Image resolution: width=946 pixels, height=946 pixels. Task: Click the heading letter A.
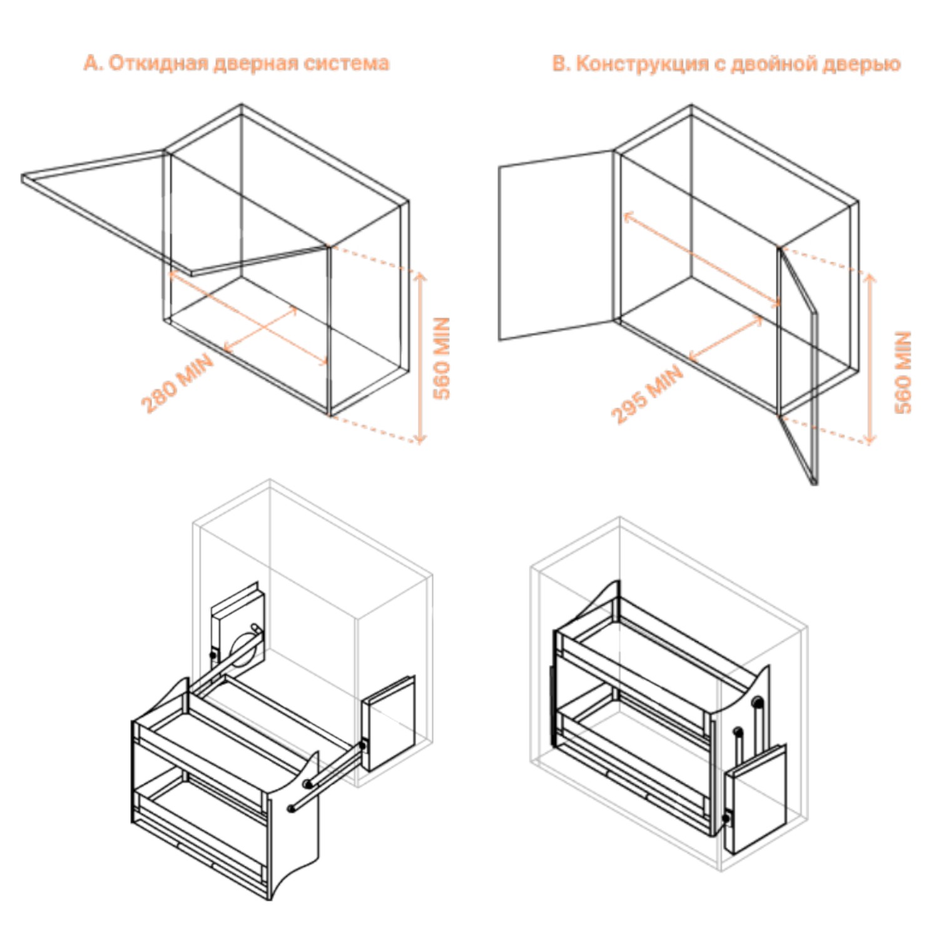pyautogui.click(x=91, y=63)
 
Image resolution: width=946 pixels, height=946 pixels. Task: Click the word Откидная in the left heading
pyautogui.click(x=159, y=63)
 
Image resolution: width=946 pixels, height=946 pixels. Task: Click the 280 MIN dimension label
pyautogui.click(x=177, y=382)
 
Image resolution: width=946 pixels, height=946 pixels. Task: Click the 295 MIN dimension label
pyautogui.click(x=647, y=394)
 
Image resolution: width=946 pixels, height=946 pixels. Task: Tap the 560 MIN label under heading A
pyautogui.click(x=442, y=358)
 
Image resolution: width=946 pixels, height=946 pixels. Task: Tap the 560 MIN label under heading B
pyautogui.click(x=903, y=372)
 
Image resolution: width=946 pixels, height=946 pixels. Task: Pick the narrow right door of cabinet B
pyautogui.click(x=798, y=363)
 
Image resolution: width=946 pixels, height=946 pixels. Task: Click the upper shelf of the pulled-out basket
pyautogui.click(x=213, y=741)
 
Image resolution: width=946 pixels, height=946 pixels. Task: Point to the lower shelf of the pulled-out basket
pyautogui.click(x=200, y=813)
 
